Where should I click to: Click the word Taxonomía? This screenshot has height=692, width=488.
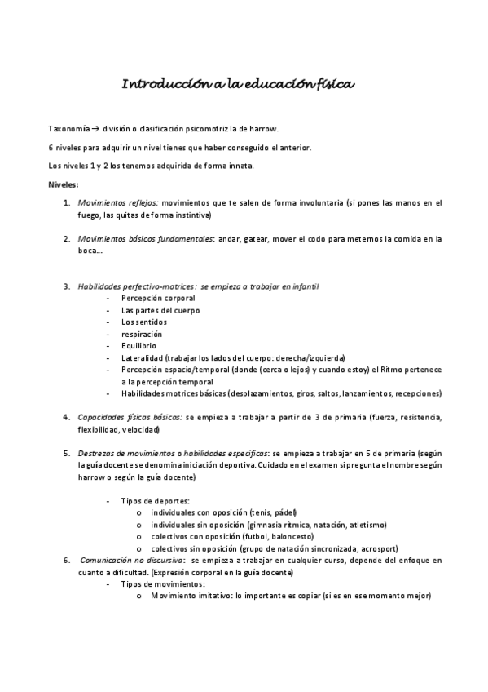click(x=68, y=129)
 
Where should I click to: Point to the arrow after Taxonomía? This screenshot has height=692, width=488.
click(x=95, y=129)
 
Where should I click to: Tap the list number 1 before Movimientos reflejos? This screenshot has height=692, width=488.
click(x=66, y=202)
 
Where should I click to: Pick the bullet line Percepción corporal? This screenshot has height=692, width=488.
click(x=158, y=299)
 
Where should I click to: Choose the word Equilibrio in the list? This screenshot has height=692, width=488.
click(x=140, y=346)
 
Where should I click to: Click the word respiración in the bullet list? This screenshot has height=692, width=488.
click(x=142, y=334)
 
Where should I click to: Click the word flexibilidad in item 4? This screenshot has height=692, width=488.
click(x=99, y=429)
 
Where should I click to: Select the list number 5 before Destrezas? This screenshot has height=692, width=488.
click(x=66, y=453)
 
